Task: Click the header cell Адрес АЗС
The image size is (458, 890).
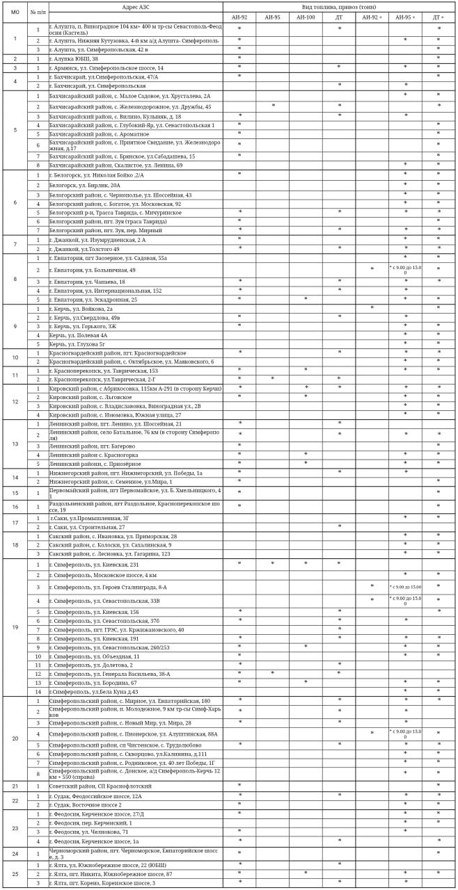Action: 135,6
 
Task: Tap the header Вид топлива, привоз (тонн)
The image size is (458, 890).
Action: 340,6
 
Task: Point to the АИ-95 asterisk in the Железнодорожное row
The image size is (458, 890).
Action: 273,105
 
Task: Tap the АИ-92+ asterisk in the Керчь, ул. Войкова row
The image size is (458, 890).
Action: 372,307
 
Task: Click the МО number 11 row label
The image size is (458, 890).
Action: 15,375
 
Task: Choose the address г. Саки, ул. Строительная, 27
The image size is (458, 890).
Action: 88,527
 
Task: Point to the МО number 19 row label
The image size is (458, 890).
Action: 15,627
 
